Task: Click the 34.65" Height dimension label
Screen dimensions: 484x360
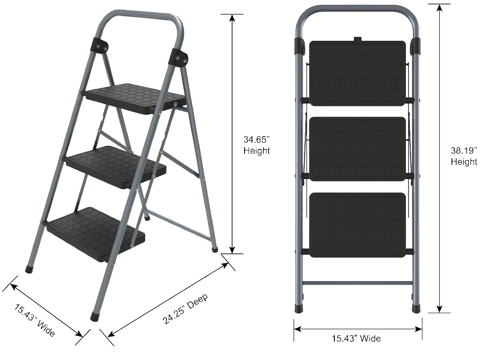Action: (x=256, y=145)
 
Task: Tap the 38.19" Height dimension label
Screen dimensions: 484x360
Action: (x=464, y=156)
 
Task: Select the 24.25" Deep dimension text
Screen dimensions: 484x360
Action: (x=185, y=308)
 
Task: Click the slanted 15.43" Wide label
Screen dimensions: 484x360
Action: (x=35, y=320)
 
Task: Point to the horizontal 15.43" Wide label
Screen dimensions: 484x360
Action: (x=356, y=338)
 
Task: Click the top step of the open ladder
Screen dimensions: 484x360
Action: (x=136, y=98)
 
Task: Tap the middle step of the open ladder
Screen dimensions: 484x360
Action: (x=116, y=167)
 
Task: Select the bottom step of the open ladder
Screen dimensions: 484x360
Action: (x=96, y=233)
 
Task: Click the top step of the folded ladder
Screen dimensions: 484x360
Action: (x=357, y=73)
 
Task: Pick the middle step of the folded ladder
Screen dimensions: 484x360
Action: (x=357, y=149)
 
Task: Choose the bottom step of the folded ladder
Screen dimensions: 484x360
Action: (x=357, y=225)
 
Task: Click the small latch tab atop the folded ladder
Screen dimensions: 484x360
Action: (x=357, y=39)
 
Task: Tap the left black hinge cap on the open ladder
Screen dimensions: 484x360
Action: (x=99, y=46)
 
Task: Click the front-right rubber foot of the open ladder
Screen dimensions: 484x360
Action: (x=95, y=317)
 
